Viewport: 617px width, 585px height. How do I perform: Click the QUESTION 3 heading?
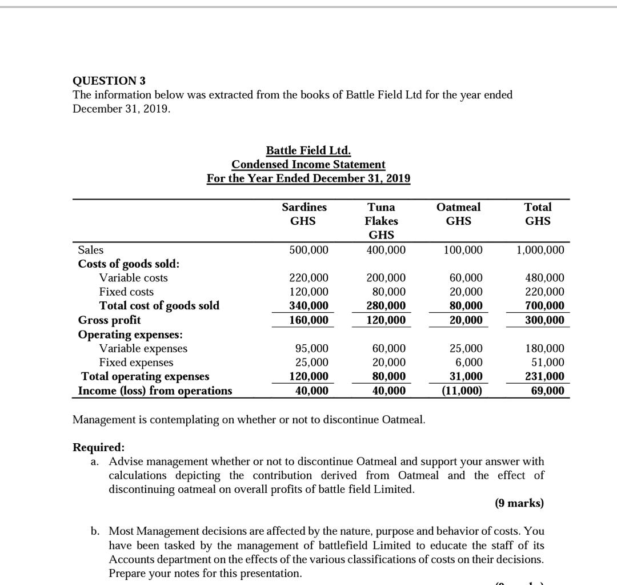click(109, 81)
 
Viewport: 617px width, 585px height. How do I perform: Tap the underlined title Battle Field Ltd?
click(308, 150)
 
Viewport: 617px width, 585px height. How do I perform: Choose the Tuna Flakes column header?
click(382, 220)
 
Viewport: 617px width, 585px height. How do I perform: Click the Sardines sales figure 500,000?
click(308, 250)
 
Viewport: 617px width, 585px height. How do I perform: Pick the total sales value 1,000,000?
click(540, 250)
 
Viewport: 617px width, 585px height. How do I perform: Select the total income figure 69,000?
click(547, 391)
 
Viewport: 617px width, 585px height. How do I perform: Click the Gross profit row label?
click(109, 320)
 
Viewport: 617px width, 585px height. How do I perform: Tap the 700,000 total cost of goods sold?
click(545, 306)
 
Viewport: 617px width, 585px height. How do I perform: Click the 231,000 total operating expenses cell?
click(545, 376)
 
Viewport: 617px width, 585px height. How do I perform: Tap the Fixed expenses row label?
click(136, 363)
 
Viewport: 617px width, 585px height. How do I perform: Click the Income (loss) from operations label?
click(155, 391)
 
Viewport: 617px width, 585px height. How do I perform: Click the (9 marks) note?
click(519, 503)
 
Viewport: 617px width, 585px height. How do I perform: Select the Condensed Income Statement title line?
click(308, 164)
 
